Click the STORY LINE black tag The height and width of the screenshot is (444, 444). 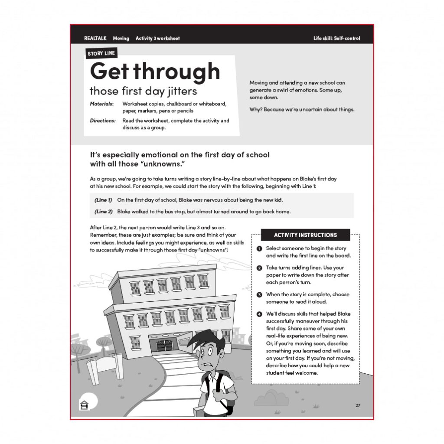pos(101,53)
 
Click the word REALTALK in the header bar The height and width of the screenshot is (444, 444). pos(95,39)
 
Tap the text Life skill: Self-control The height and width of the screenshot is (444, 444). pos(336,39)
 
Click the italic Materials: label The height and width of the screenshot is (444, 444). pos(102,104)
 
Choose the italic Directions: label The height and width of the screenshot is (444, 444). pos(103,121)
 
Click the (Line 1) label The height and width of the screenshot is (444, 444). pos(103,200)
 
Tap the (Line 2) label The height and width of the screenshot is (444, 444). pos(104,212)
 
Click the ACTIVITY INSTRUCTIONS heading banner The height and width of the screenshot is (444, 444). pos(305,235)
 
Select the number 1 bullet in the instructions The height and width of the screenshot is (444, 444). pos(259,249)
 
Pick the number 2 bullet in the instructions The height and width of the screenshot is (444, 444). pos(259,268)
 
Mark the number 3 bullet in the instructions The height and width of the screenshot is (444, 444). pos(259,294)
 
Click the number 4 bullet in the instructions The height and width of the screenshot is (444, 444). pos(259,314)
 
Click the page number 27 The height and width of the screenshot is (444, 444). pos(358,405)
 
